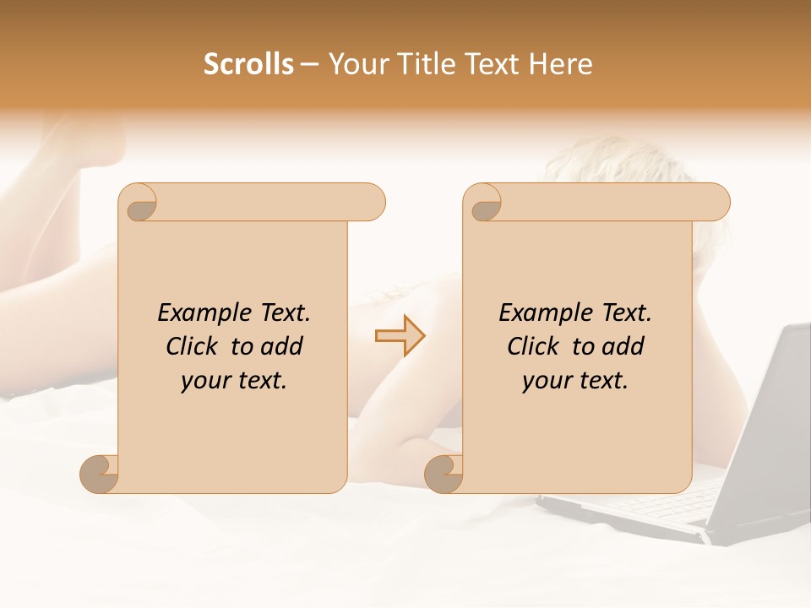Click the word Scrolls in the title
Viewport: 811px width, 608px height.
(x=248, y=64)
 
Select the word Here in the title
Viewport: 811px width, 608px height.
(x=561, y=64)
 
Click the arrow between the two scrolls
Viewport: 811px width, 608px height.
(x=400, y=336)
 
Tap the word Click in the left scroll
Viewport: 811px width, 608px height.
(x=195, y=346)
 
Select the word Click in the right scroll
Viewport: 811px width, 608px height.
(x=536, y=346)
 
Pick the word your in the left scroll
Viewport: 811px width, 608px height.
(x=204, y=381)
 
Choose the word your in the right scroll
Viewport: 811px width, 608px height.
(x=545, y=381)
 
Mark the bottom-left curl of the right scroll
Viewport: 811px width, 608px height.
(x=444, y=474)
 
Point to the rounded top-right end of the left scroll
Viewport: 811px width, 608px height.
(x=372, y=202)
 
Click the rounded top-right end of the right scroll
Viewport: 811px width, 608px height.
(x=716, y=202)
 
